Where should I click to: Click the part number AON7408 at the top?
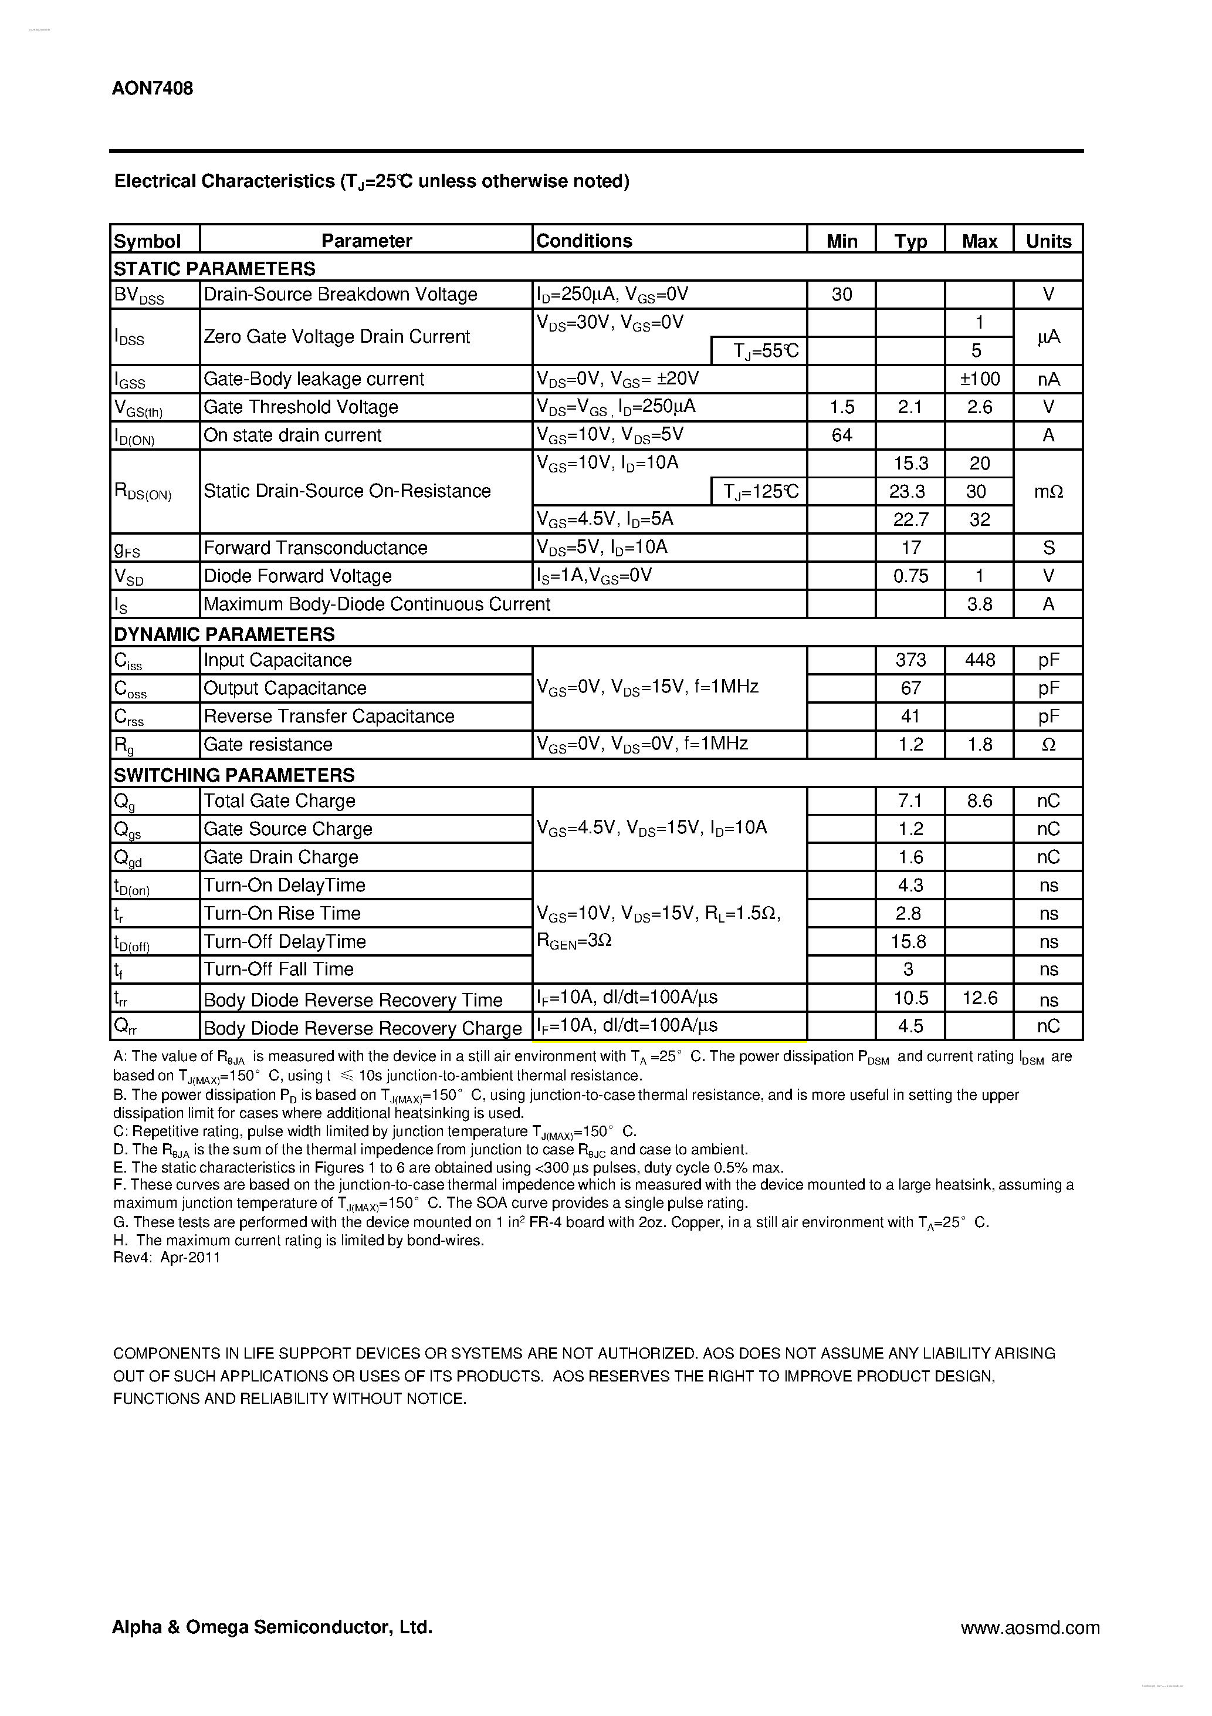(153, 88)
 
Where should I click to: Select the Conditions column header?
(584, 241)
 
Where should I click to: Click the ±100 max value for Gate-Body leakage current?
(979, 379)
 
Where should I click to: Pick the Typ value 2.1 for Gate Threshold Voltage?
(909, 407)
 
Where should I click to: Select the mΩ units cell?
(1048, 492)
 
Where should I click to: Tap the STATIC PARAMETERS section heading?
(215, 268)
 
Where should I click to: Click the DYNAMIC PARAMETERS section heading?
(224, 634)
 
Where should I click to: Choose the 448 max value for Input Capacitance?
(979, 660)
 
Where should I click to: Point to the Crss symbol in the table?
(128, 718)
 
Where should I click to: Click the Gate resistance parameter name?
(268, 744)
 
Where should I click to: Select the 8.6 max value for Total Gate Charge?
(979, 801)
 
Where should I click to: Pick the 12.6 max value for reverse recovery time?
(979, 998)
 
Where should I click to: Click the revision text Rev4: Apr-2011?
(167, 1258)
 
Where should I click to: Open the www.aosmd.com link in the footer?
(1030, 1627)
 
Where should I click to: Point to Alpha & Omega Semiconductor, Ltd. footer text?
(272, 1626)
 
